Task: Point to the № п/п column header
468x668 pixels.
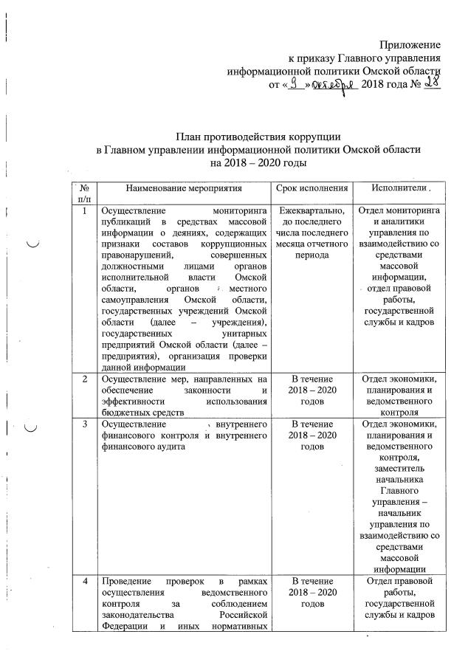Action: tap(84, 194)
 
